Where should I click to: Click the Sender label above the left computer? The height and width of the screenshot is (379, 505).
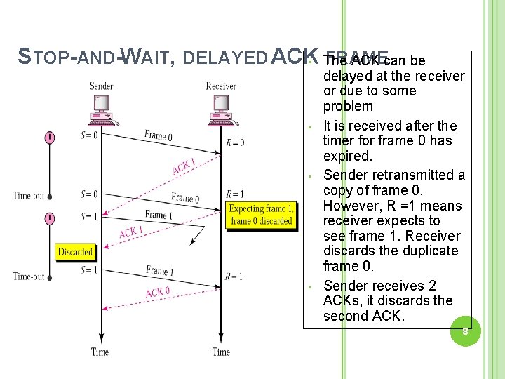pyautogui.click(x=102, y=86)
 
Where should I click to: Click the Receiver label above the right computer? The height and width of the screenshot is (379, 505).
pyautogui.click(x=221, y=86)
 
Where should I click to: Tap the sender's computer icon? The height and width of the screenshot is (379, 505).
pyautogui.click(x=102, y=109)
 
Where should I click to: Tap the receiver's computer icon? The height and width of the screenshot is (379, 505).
pyautogui.click(x=221, y=109)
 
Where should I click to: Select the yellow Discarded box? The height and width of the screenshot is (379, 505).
pyautogui.click(x=75, y=251)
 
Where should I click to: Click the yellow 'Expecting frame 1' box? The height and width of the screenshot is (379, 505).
pyautogui.click(x=261, y=215)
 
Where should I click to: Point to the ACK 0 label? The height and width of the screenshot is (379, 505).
pyautogui.click(x=157, y=292)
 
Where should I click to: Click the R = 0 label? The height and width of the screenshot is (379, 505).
pyautogui.click(x=235, y=143)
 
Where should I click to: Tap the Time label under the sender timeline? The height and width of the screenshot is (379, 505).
pyautogui.click(x=100, y=352)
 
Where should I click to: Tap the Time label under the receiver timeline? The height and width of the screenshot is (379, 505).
pyautogui.click(x=221, y=352)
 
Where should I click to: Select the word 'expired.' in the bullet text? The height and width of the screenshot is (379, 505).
pyautogui.click(x=348, y=156)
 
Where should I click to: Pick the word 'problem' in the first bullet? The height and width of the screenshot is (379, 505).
pyautogui.click(x=348, y=107)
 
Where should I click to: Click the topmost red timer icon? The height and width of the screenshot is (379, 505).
pyautogui.click(x=50, y=138)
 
